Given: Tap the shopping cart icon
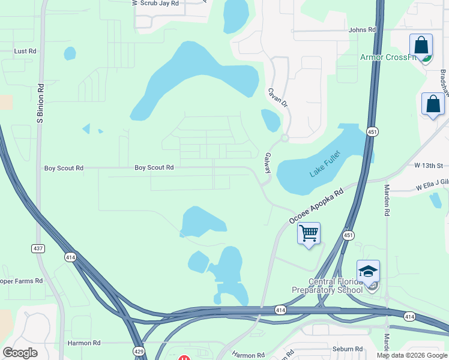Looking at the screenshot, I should (309, 232).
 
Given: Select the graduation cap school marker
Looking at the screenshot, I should (368, 271).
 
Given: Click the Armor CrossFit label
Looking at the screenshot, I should (388, 58).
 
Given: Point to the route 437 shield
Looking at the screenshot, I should (37, 248).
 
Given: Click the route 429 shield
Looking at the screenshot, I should (138, 352).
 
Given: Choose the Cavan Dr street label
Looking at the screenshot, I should (278, 98).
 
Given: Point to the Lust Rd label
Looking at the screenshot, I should (25, 52).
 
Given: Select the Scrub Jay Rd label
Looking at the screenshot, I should (158, 3).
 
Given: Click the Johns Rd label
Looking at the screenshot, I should (362, 29).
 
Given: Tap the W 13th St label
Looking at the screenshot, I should (428, 166).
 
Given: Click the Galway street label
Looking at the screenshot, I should (267, 163).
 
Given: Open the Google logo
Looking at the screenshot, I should (20, 353).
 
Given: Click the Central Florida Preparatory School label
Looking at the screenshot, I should (327, 286).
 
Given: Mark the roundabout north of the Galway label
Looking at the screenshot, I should (285, 138).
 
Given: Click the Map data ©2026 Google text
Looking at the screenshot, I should (411, 355).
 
